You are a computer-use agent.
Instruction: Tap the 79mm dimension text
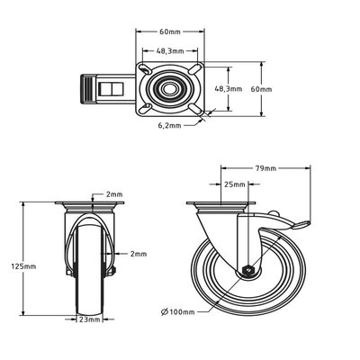[265, 167]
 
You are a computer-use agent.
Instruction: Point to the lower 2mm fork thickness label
[138, 255]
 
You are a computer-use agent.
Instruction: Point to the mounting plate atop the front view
[87, 208]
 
